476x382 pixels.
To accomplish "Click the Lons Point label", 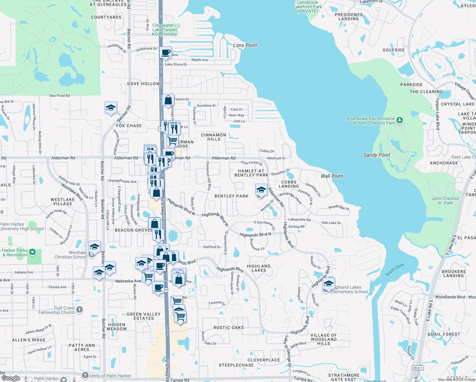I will [245, 45].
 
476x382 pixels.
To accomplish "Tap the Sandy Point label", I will [377, 155].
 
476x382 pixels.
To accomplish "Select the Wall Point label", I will [332, 176].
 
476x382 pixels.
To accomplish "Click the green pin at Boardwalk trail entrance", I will [400, 120].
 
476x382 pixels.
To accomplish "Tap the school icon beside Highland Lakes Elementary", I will [329, 284].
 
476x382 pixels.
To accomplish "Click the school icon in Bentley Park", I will [261, 190].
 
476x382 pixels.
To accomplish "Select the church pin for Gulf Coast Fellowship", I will [80, 309].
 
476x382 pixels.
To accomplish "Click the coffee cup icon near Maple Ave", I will [165, 53].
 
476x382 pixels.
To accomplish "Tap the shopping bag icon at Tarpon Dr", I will [168, 100].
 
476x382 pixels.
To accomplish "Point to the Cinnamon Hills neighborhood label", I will [213, 137].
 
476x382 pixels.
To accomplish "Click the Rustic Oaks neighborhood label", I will [228, 328].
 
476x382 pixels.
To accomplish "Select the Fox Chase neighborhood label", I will [129, 126].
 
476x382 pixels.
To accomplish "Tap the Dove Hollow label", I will [143, 84].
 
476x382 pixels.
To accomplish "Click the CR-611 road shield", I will [417, 368].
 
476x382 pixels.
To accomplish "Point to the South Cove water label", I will [395, 269].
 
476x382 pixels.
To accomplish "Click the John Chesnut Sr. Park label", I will [445, 201].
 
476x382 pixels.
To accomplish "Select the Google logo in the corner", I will [10, 378].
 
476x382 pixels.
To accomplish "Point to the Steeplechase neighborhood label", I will [236, 365].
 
